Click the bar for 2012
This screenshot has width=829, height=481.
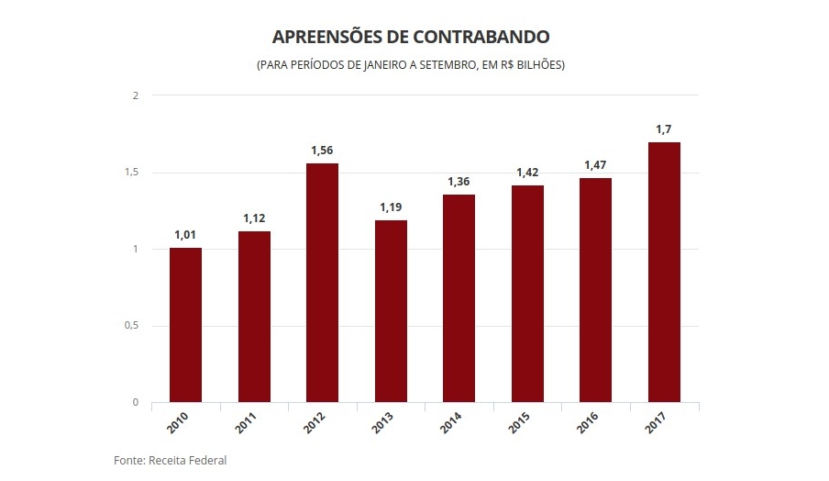(x=322, y=283)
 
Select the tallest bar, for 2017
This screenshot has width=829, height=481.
(x=664, y=272)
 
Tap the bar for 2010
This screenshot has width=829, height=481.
(x=185, y=325)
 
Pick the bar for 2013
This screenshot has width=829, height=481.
(x=391, y=311)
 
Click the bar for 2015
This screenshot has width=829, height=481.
(x=527, y=294)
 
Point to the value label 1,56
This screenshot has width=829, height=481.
(x=322, y=151)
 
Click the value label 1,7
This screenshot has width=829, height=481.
(x=664, y=129)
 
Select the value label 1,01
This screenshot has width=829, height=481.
(x=185, y=235)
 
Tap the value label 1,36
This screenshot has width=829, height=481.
(x=459, y=182)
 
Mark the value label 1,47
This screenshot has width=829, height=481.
(x=596, y=165)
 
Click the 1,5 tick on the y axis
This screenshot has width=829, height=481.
(x=132, y=173)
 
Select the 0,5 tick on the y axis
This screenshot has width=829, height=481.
(x=132, y=326)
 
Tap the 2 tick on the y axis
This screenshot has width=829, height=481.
(x=136, y=95)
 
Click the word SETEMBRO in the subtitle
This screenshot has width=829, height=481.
(x=442, y=66)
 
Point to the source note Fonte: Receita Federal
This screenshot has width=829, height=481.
(x=170, y=460)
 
